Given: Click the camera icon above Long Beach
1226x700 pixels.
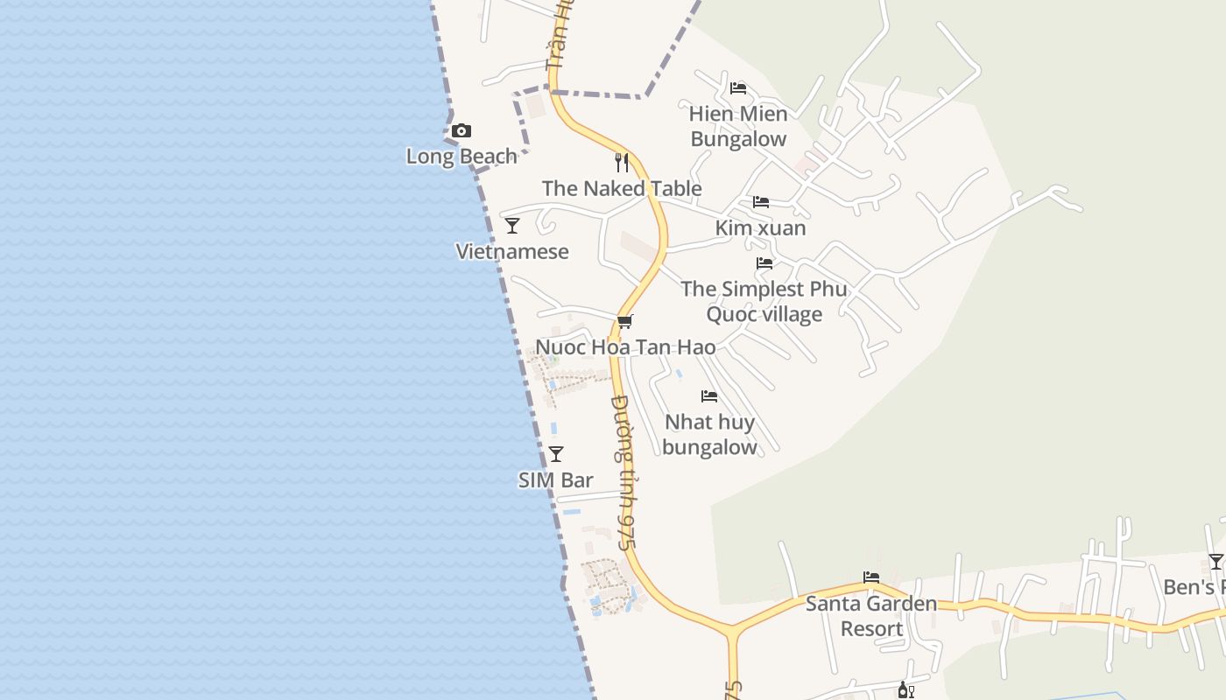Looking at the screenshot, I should pyautogui.click(x=462, y=131).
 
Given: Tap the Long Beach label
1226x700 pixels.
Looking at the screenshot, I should pyautogui.click(x=462, y=157).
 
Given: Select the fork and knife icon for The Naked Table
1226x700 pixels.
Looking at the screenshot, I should pyautogui.click(x=622, y=163).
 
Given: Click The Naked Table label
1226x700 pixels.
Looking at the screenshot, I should pyautogui.click(x=622, y=188).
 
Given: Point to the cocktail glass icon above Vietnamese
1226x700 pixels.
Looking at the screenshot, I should pyautogui.click(x=512, y=226).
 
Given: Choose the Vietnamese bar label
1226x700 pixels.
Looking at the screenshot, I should pyautogui.click(x=512, y=252).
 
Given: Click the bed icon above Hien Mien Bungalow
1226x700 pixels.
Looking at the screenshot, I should pyautogui.click(x=738, y=88).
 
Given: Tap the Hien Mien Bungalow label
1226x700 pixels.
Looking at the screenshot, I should pyautogui.click(x=738, y=126).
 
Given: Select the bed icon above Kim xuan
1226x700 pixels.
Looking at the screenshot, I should pyautogui.click(x=761, y=202).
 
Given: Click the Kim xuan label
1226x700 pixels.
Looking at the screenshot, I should pyautogui.click(x=760, y=228).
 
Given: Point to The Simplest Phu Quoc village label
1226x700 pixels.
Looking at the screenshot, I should pyautogui.click(x=764, y=301).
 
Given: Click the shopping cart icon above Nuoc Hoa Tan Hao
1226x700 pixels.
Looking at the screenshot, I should pyautogui.click(x=624, y=322).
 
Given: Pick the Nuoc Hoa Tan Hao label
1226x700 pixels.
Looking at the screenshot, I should pyautogui.click(x=624, y=347).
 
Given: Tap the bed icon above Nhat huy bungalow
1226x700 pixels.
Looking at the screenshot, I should pyautogui.click(x=709, y=396).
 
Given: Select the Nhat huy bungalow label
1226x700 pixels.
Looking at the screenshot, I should pyautogui.click(x=709, y=434).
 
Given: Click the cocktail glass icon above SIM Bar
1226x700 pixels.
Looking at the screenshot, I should pyautogui.click(x=555, y=454).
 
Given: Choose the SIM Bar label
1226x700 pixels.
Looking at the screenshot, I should pyautogui.click(x=555, y=480).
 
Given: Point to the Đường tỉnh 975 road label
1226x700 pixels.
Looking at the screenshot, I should pyautogui.click(x=623, y=472).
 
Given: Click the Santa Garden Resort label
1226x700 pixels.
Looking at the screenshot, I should pyautogui.click(x=871, y=616).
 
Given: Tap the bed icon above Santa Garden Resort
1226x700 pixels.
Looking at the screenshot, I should pyautogui.click(x=871, y=577).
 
